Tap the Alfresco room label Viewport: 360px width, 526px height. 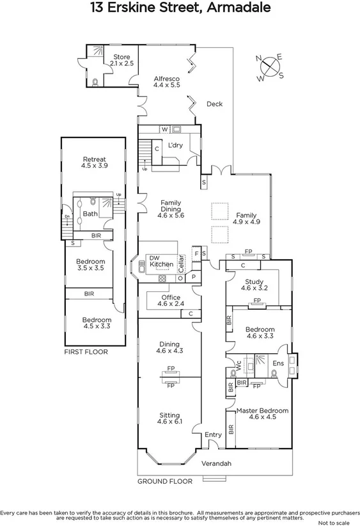pyautogui.click(x=166, y=81)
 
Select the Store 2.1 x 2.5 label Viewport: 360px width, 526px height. pyautogui.click(x=121, y=60)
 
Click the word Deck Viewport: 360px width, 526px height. pyautogui.click(x=214, y=104)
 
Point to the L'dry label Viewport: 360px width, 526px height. pyautogui.click(x=175, y=145)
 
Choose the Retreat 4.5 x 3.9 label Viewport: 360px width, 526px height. pyautogui.click(x=93, y=163)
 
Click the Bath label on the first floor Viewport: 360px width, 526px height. pyautogui.click(x=90, y=214)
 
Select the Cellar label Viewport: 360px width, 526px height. pyautogui.click(x=182, y=264)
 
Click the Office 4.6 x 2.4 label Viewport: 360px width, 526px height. pyautogui.click(x=170, y=301)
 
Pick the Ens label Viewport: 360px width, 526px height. pyautogui.click(x=278, y=363)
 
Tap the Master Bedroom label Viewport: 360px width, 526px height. pyautogui.click(x=262, y=413)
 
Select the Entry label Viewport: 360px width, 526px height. pyautogui.click(x=213, y=435)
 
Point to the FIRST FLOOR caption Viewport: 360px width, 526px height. pyautogui.click(x=85, y=352)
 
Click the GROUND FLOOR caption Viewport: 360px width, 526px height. pyautogui.click(x=165, y=480)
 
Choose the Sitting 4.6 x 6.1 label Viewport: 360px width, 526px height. pyautogui.click(x=169, y=418)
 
